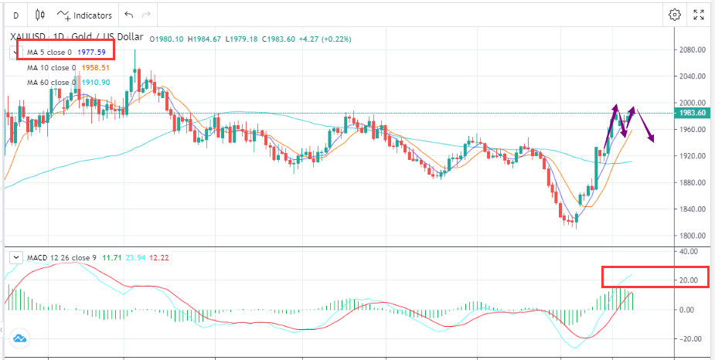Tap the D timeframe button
coord(15,15)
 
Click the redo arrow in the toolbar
coord(146,15)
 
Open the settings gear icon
coord(675,15)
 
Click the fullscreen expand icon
coord(699,15)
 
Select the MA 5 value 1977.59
coord(92,53)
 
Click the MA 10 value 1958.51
coord(96,67)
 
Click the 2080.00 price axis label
coord(693,49)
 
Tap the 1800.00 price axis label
coord(693,236)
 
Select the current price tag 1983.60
coord(693,113)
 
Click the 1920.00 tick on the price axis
coord(693,156)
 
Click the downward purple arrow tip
coord(653,141)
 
